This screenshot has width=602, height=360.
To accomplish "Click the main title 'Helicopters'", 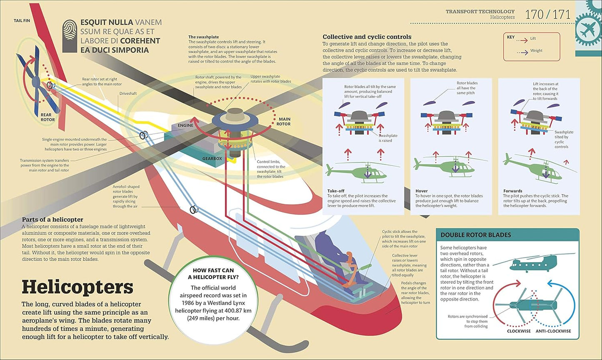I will pos(77,287).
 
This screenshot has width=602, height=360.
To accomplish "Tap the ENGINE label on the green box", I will pos(185,125).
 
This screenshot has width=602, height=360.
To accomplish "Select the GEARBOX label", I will pos(212,159).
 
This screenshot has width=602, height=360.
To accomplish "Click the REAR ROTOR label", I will pos(48,117).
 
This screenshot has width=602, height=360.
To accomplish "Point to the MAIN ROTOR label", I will pos(284,121).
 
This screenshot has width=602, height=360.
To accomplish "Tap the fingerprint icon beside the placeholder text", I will pos(70,36).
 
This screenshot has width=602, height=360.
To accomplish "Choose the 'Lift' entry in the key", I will pos(533,39).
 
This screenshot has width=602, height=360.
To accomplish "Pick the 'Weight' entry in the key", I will pos(536,51).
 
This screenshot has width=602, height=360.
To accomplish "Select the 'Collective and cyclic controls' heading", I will pos(367,37).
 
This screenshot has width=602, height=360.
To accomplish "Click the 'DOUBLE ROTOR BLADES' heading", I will pos(476,235).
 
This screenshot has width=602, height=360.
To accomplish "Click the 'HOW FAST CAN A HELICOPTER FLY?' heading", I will pos(213,274).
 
